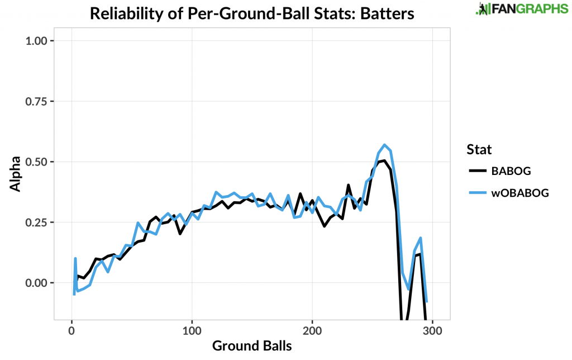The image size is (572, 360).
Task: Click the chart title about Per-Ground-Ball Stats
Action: coord(252,13)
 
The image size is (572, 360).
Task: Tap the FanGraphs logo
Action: coord(513,9)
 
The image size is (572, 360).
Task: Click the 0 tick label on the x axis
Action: coord(71,330)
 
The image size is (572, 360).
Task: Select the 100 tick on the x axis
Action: coord(192,330)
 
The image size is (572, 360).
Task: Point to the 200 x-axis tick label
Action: coord(313,330)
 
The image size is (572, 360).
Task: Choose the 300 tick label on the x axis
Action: coord(433,330)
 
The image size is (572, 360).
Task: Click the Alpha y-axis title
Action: coord(16,174)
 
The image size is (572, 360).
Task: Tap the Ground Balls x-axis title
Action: coord(252,346)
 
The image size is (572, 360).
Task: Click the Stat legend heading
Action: coord(479,149)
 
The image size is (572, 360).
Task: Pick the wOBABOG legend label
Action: coord(520,192)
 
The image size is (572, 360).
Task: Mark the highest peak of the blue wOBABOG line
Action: coord(384,145)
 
